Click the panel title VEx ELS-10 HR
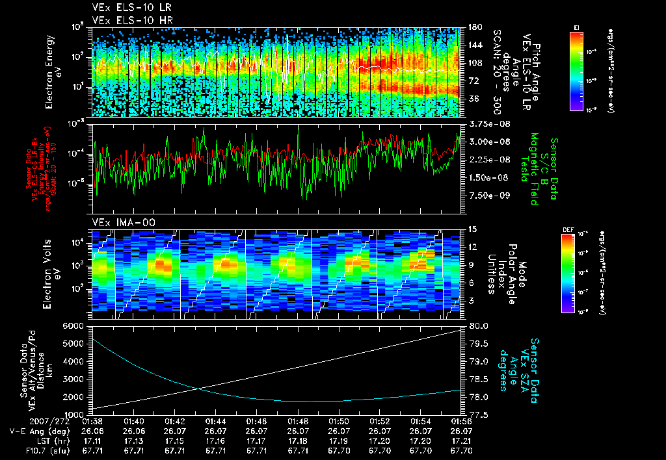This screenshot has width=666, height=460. [127, 20]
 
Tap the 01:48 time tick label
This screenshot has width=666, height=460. [298, 421]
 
